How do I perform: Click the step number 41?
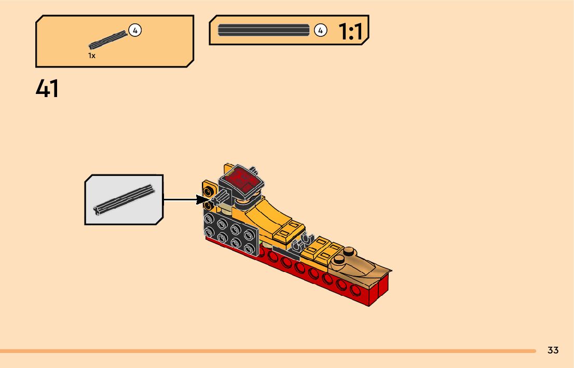click(x=47, y=89)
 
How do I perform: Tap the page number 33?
click(x=553, y=350)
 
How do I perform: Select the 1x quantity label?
click(x=92, y=56)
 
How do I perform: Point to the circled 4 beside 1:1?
click(x=320, y=31)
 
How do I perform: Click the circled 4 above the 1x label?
click(x=135, y=31)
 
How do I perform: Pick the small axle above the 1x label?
click(x=108, y=40)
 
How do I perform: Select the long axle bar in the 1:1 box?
click(x=263, y=30)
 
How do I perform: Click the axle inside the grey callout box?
click(x=124, y=199)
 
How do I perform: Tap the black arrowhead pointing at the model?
click(x=202, y=199)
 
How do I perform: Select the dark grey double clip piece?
click(x=304, y=241)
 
